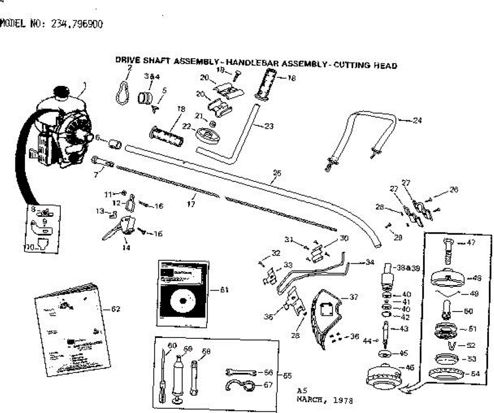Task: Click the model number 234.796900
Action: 77,24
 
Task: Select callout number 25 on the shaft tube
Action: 277,174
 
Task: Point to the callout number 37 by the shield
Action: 353,296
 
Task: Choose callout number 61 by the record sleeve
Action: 224,290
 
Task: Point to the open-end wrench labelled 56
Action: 241,373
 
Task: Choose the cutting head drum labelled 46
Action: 382,377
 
